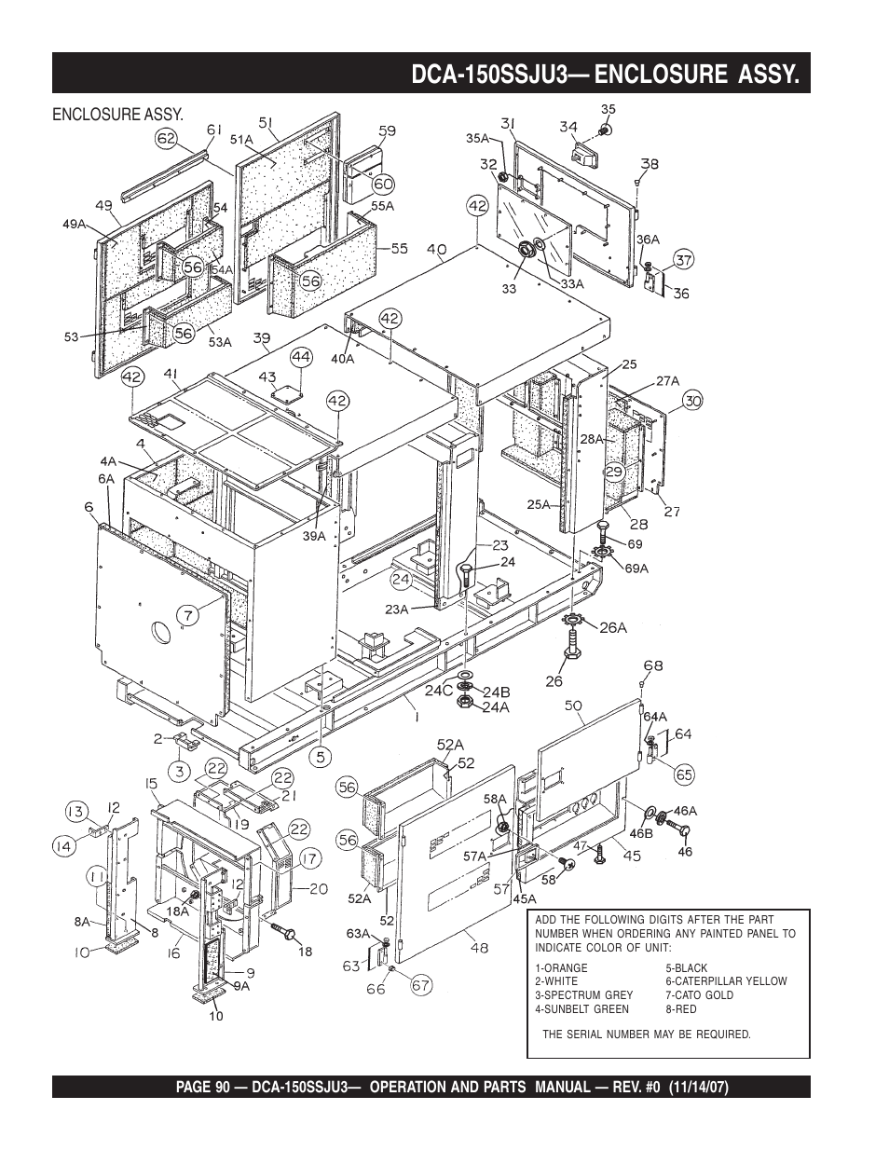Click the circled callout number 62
(x=166, y=139)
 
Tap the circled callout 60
(x=383, y=184)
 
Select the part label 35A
(x=478, y=138)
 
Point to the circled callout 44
(x=301, y=358)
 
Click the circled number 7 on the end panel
(x=188, y=615)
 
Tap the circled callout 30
(x=693, y=401)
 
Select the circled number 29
(x=615, y=472)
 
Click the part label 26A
(x=613, y=627)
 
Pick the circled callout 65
(x=684, y=774)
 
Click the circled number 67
(x=421, y=985)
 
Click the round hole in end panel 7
(x=160, y=633)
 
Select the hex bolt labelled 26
(x=573, y=644)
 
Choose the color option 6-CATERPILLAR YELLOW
(x=726, y=981)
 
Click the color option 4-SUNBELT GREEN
(x=581, y=1009)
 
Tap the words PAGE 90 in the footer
(x=203, y=1088)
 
